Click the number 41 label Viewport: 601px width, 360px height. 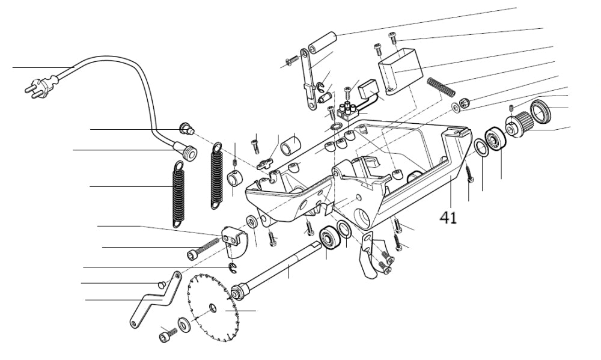448,217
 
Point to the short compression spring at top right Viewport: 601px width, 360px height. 441,87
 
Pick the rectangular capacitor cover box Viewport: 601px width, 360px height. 399,70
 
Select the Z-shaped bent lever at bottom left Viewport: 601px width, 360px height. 154,299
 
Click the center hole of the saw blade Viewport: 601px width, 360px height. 213,308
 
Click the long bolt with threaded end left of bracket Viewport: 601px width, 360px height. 203,248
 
